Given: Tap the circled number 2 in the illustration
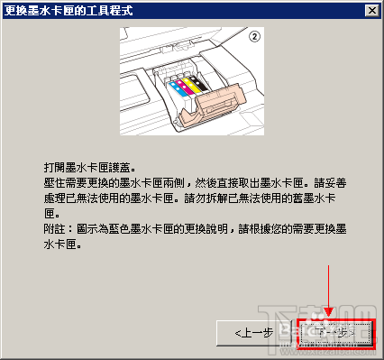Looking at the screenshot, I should pyautogui.click(x=254, y=38).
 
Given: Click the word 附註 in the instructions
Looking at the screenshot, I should pyautogui.click(x=54, y=230).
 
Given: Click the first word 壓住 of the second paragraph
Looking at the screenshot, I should pyautogui.click(x=54, y=184).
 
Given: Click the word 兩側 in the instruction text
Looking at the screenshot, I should pyautogui.click(x=193, y=184).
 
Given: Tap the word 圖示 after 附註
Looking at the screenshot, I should pyautogui.click(x=87, y=230).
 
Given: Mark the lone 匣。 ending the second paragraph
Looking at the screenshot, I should pyautogui.click(x=51, y=215).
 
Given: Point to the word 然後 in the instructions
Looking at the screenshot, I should pyautogui.click(x=225, y=184).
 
